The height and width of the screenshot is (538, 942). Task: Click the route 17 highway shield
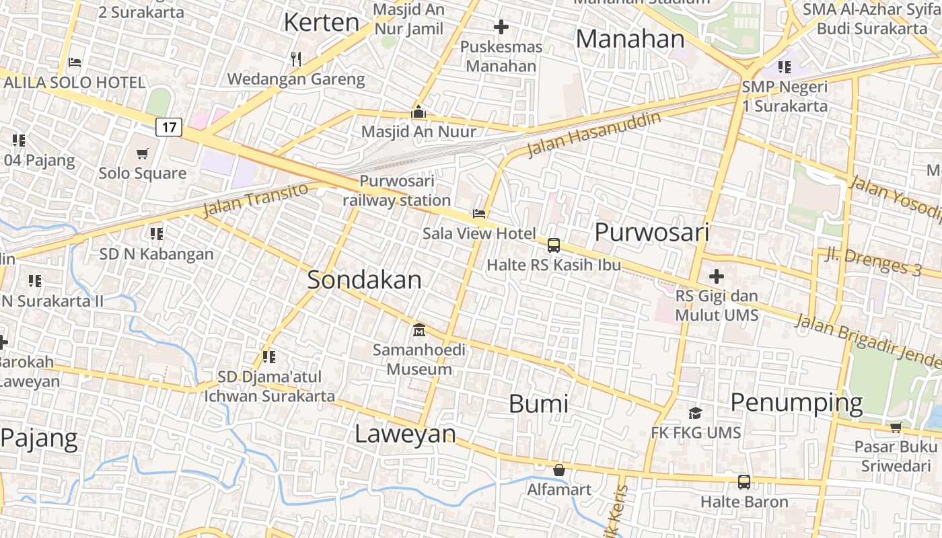169,126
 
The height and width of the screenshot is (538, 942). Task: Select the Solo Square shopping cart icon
142,154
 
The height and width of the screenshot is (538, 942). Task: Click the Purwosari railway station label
397,190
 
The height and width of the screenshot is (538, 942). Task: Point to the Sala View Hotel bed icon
479,214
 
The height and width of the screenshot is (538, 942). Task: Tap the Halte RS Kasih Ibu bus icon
554,245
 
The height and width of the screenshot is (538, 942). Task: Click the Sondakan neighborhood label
364,280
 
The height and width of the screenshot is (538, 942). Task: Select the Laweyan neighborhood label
405,434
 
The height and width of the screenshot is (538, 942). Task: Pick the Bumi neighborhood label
538,403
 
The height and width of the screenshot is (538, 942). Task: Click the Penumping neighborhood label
796,402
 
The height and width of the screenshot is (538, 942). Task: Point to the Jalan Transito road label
255,200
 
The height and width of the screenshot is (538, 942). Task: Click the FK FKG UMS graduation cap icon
695,412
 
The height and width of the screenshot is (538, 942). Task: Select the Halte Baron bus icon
744,482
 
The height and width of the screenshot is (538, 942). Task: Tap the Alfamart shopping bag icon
558,469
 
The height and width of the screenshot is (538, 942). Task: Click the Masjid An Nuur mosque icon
419,112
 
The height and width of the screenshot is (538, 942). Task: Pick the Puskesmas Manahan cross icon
501,27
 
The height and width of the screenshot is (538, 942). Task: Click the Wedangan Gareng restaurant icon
295,59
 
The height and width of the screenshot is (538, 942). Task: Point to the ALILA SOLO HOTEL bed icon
75,63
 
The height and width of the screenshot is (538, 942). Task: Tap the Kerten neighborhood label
322,22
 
